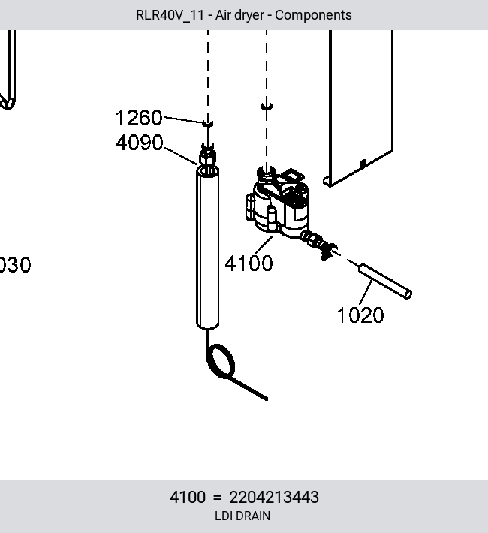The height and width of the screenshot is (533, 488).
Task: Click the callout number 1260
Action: (139, 118)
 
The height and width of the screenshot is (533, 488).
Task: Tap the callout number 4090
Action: (140, 143)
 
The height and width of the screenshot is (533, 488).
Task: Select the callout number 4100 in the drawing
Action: (249, 263)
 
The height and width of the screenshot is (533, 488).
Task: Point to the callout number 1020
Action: (360, 315)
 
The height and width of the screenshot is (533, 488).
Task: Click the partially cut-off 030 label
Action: (15, 265)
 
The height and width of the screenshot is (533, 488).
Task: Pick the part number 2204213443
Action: (274, 497)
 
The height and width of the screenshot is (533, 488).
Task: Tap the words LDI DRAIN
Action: (242, 516)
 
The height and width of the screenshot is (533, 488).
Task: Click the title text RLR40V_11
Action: (170, 15)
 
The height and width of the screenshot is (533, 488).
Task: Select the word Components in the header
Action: (313, 15)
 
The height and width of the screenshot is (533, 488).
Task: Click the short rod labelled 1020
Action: (385, 282)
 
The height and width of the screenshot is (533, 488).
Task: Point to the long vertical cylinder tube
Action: (207, 248)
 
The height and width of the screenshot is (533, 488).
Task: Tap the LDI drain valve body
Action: (277, 204)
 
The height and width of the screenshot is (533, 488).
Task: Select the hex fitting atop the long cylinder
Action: (206, 155)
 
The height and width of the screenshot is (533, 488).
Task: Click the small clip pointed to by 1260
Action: (208, 123)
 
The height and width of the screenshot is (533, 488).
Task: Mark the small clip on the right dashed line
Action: (267, 107)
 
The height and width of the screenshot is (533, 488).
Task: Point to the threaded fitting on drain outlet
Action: (320, 244)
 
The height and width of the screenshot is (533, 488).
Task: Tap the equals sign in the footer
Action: (217, 498)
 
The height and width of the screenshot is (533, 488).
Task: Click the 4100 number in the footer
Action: (188, 497)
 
